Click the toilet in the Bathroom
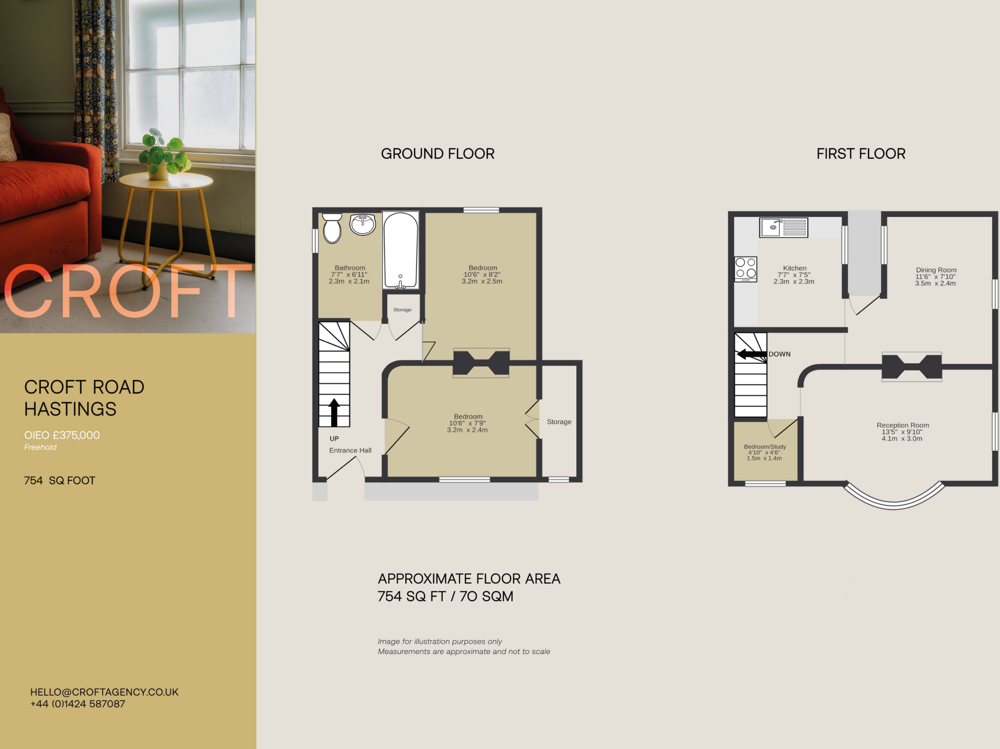pyautogui.click(x=332, y=229)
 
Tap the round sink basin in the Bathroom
pyautogui.click(x=362, y=225)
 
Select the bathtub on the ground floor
pyautogui.click(x=400, y=250)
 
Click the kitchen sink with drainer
pyautogui.click(x=783, y=228)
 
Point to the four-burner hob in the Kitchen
pyautogui.click(x=746, y=269)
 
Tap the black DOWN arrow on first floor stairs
pyautogui.click(x=751, y=354)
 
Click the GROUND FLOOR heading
pyautogui.click(x=437, y=154)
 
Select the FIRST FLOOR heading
pyautogui.click(x=861, y=154)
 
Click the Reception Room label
pyautogui.click(x=902, y=425)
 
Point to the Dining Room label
pyautogui.click(x=936, y=270)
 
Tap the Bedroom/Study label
pyautogui.click(x=765, y=447)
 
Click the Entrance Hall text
pyautogui.click(x=350, y=450)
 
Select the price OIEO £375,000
pyautogui.click(x=62, y=435)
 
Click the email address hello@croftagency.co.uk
pyautogui.click(x=104, y=692)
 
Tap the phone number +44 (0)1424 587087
pyautogui.click(x=78, y=704)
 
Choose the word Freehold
pyautogui.click(x=41, y=447)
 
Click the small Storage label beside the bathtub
pyautogui.click(x=402, y=310)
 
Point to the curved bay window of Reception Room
pyautogui.click(x=894, y=503)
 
